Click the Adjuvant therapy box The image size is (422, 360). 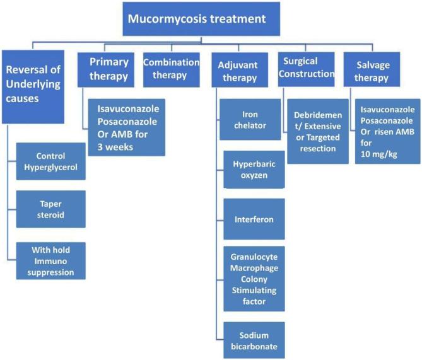[x=238, y=71]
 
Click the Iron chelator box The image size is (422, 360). [x=254, y=122]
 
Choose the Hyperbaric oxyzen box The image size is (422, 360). [x=254, y=170]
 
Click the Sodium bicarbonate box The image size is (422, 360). [x=254, y=340]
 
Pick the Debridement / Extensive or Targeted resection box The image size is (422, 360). [x=318, y=131]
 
